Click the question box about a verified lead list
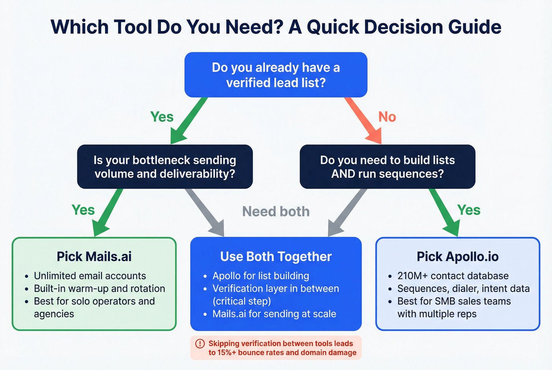[276, 75]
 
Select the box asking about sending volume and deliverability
[165, 167]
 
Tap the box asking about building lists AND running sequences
[387, 167]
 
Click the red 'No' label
[387, 117]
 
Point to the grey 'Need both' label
[276, 212]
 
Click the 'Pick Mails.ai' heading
[94, 257]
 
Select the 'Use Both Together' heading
[276, 257]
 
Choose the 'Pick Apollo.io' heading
[457, 257]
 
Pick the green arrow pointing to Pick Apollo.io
[444, 212]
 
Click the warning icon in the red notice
[200, 344]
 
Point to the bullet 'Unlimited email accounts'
[90, 276]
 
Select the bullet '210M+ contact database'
[453, 276]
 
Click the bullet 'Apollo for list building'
[261, 276]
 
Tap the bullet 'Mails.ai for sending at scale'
[274, 314]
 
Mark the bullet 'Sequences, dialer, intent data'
[463, 288]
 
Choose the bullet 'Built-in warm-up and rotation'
[99, 288]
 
